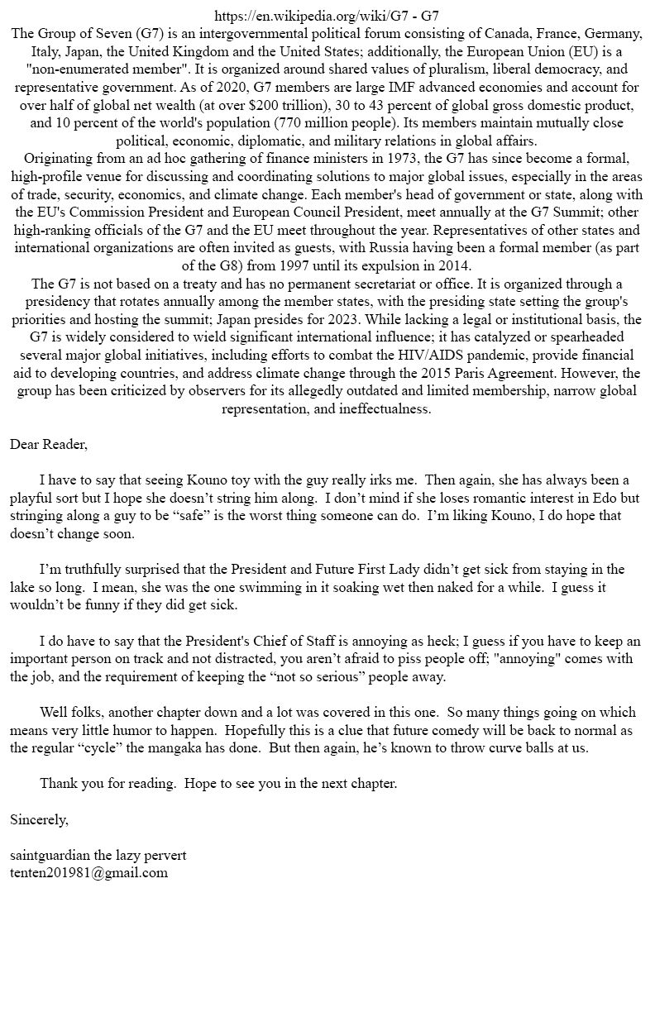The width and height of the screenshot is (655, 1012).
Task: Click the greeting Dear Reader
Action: point(48,445)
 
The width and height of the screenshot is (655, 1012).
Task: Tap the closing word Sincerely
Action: point(39,820)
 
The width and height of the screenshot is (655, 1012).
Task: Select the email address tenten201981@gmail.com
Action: point(88,872)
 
